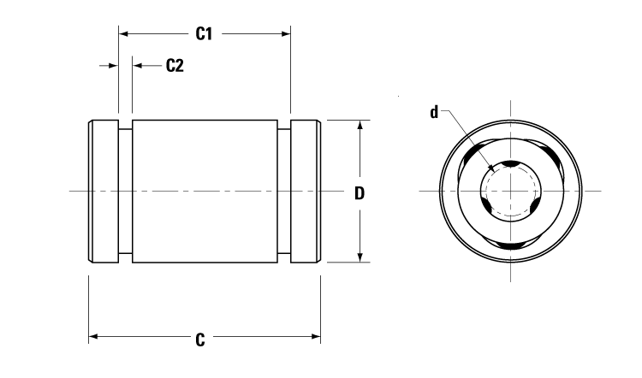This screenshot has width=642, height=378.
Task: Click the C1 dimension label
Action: click(204, 34)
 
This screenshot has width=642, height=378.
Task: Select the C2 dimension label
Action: click(174, 66)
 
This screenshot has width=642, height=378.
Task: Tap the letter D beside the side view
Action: click(360, 192)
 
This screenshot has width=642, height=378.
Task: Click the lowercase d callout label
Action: click(434, 112)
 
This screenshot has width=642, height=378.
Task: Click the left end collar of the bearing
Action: click(103, 191)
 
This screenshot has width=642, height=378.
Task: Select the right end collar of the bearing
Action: click(306, 191)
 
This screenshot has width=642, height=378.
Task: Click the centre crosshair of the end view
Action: click(510, 189)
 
